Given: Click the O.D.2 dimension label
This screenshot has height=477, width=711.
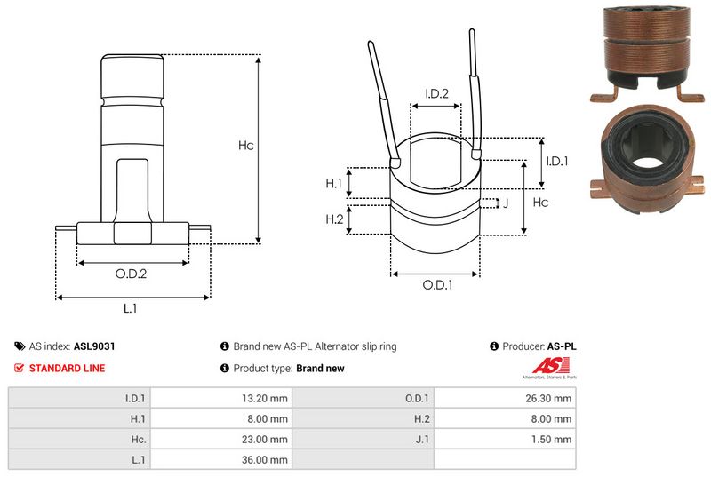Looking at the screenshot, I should (131, 274).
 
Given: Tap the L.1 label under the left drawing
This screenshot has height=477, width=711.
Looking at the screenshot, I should (130, 308).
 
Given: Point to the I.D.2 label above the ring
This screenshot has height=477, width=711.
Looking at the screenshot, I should (435, 93).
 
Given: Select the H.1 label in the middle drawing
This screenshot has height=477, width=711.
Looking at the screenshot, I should (334, 184).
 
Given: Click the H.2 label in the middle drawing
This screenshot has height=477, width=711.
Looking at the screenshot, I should (334, 219).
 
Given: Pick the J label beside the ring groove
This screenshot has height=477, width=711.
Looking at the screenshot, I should (506, 203).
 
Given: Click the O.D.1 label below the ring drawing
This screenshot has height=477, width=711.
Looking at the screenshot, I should (437, 285).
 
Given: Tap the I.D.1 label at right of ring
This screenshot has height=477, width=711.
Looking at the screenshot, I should (556, 161).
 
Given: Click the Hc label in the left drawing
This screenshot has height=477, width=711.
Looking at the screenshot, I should (246, 146).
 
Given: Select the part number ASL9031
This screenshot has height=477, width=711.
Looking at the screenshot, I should (95, 346).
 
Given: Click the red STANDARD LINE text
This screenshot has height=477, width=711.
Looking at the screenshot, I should (67, 368).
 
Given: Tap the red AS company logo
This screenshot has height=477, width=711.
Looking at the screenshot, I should (546, 365).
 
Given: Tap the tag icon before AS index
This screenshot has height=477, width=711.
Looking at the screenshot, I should (20, 346).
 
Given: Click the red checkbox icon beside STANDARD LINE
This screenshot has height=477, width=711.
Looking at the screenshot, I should (20, 368).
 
